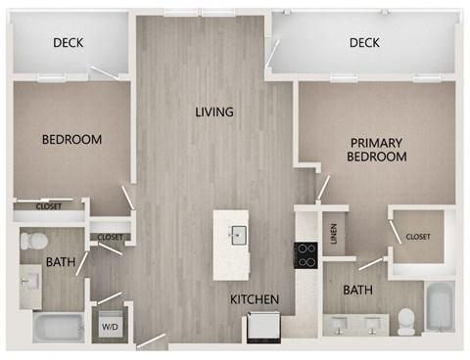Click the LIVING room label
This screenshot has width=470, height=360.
tap(213, 112)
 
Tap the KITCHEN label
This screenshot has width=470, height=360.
tap(256, 298)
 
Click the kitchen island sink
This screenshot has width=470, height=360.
tap(237, 234)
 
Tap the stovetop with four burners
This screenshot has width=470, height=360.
tap(306, 254)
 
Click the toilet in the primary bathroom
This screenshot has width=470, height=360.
tap(406, 320)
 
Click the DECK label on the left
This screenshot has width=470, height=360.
tap(68, 42)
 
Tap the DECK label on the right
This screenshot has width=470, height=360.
tap(364, 42)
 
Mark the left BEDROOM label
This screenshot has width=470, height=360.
tap(71, 140)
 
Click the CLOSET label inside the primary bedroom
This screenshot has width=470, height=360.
tap(418, 236)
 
